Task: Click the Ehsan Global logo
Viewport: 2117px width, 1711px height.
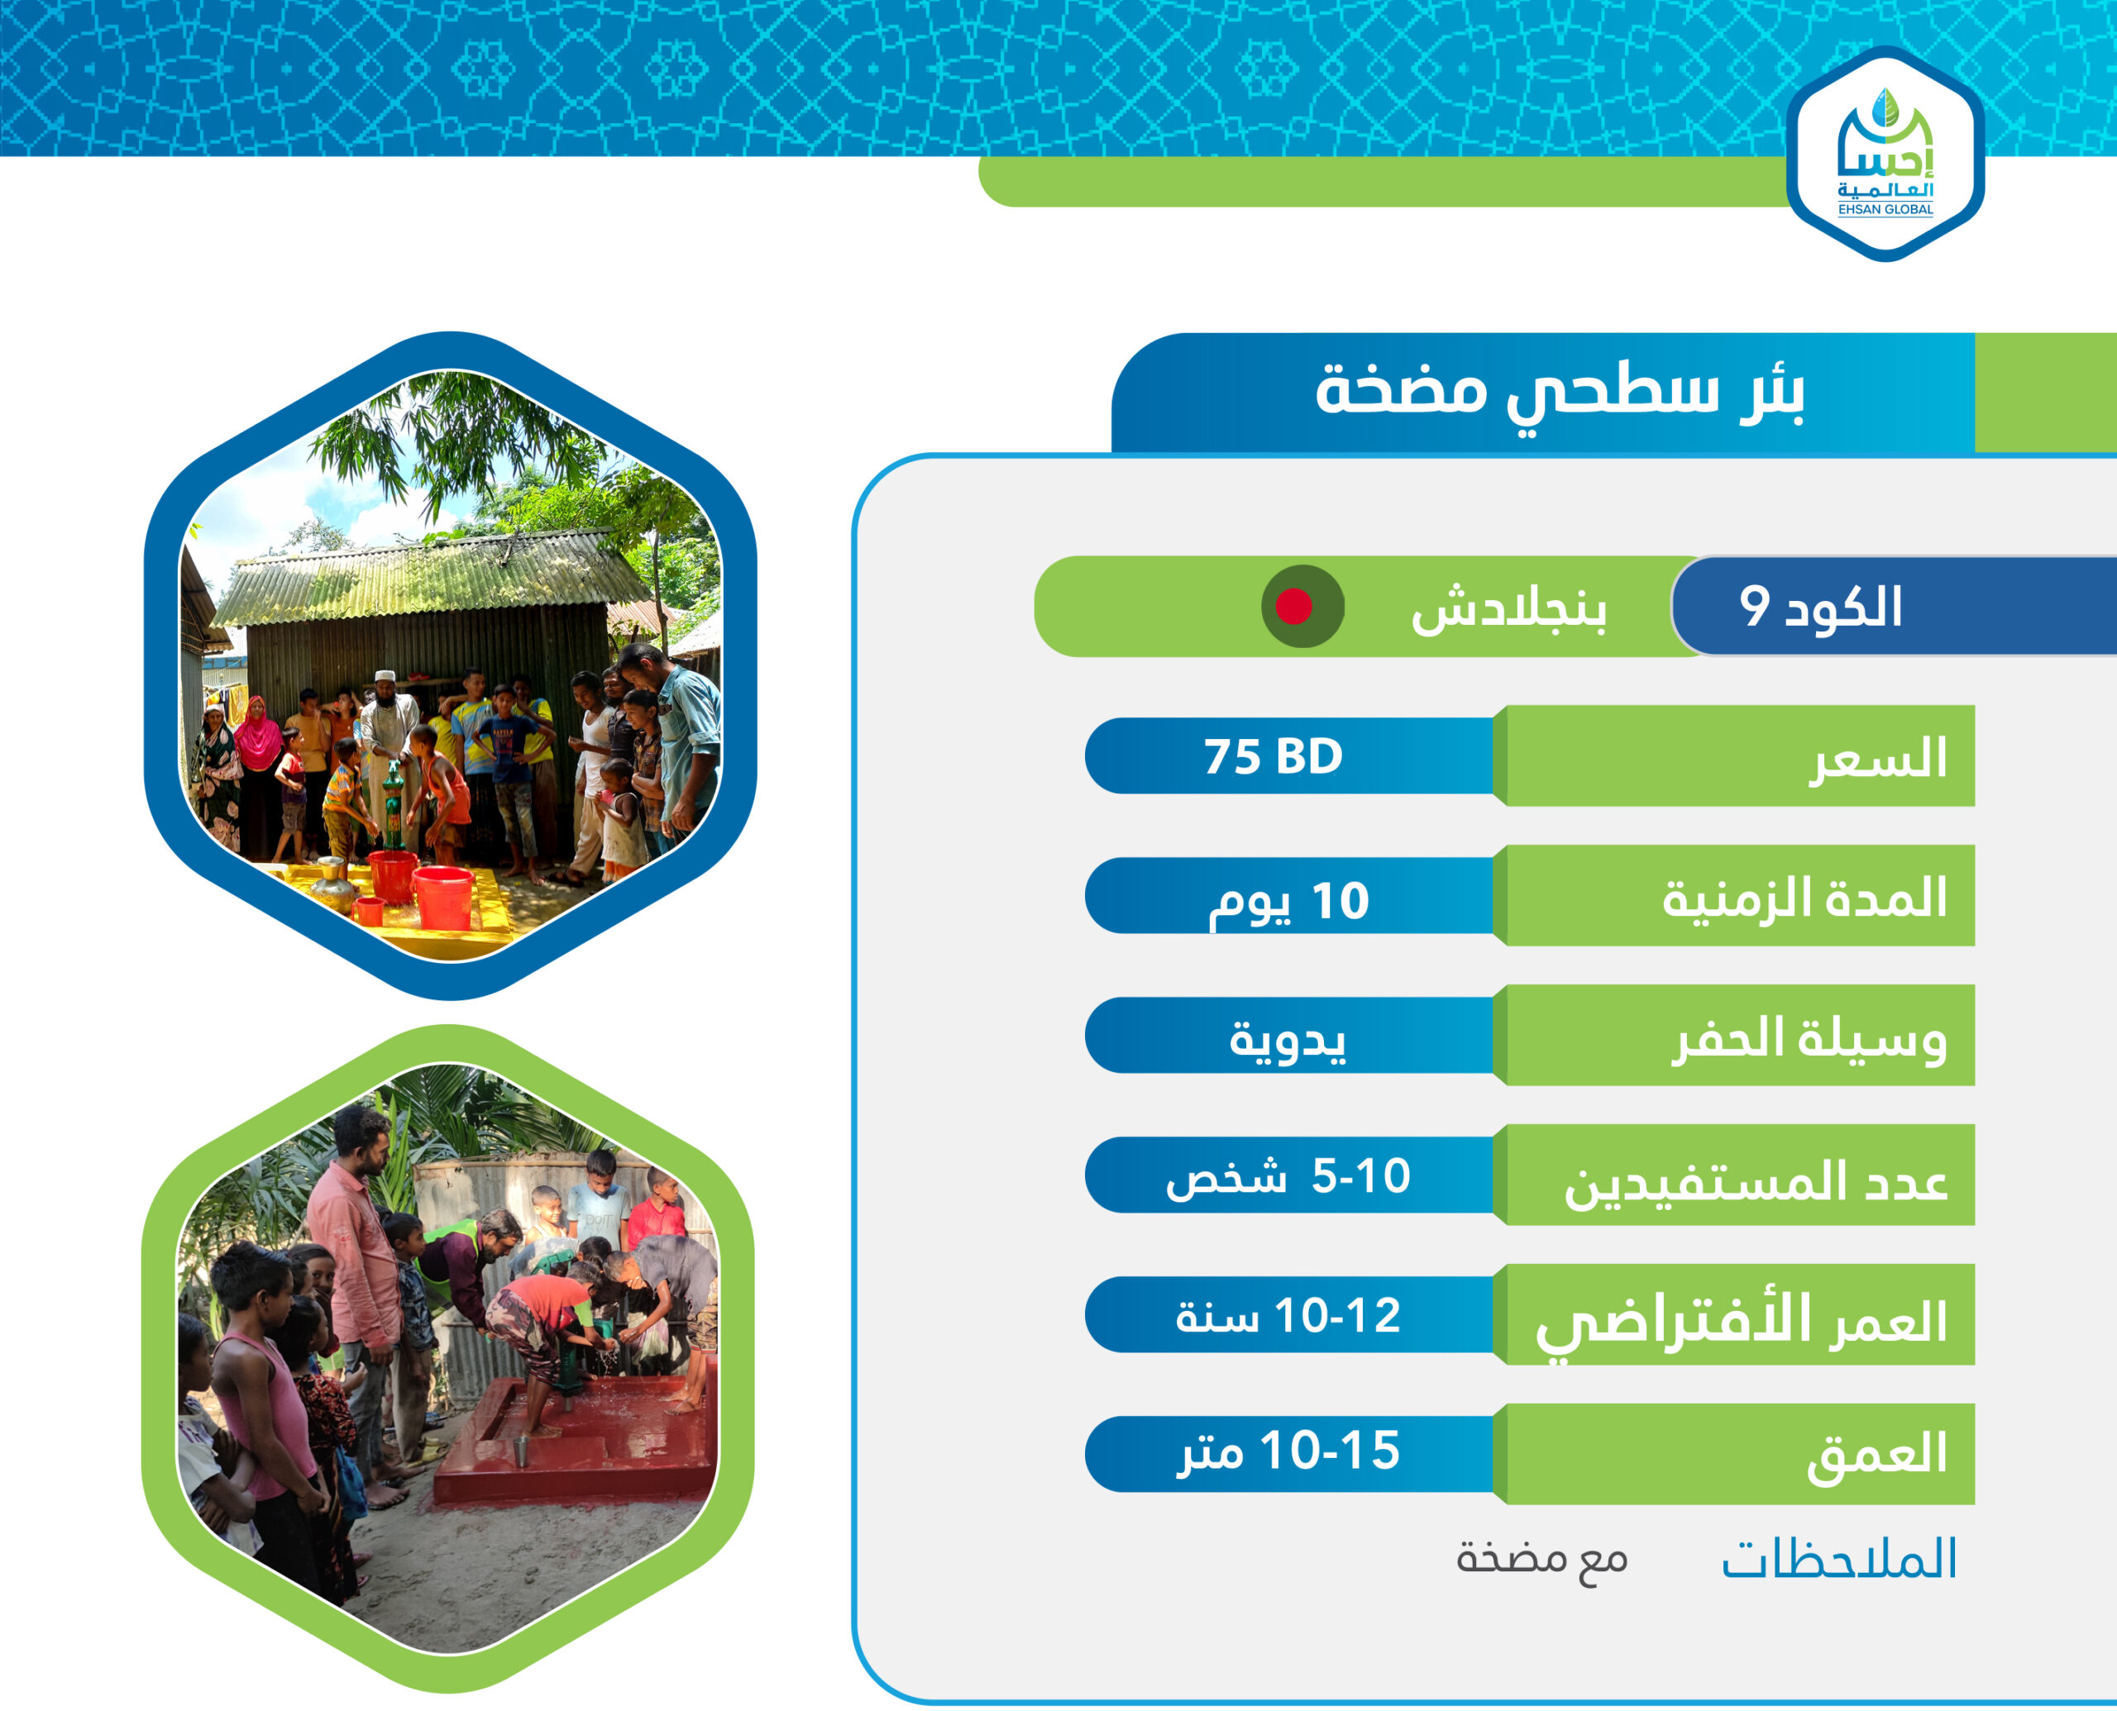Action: tap(1885, 154)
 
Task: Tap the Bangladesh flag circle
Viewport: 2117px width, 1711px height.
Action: tap(1302, 606)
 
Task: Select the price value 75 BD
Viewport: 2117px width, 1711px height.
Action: tap(1273, 757)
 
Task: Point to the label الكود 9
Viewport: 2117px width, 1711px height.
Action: tap(1820, 606)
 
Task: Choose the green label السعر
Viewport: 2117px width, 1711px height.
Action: tap(1878, 759)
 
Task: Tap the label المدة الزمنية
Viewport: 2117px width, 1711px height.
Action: tap(1804, 898)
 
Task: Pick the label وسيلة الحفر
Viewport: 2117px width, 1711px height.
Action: tap(1809, 1039)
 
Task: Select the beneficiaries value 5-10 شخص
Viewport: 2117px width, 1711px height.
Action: tap(1288, 1176)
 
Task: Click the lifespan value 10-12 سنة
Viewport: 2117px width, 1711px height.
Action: tap(1288, 1316)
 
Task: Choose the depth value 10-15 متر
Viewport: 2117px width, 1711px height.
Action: tap(1288, 1451)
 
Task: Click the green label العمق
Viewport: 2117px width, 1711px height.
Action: tap(1876, 1455)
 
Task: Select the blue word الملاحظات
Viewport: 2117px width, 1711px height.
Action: tap(1838, 1558)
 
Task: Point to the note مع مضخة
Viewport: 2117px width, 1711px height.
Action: tap(1541, 1558)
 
